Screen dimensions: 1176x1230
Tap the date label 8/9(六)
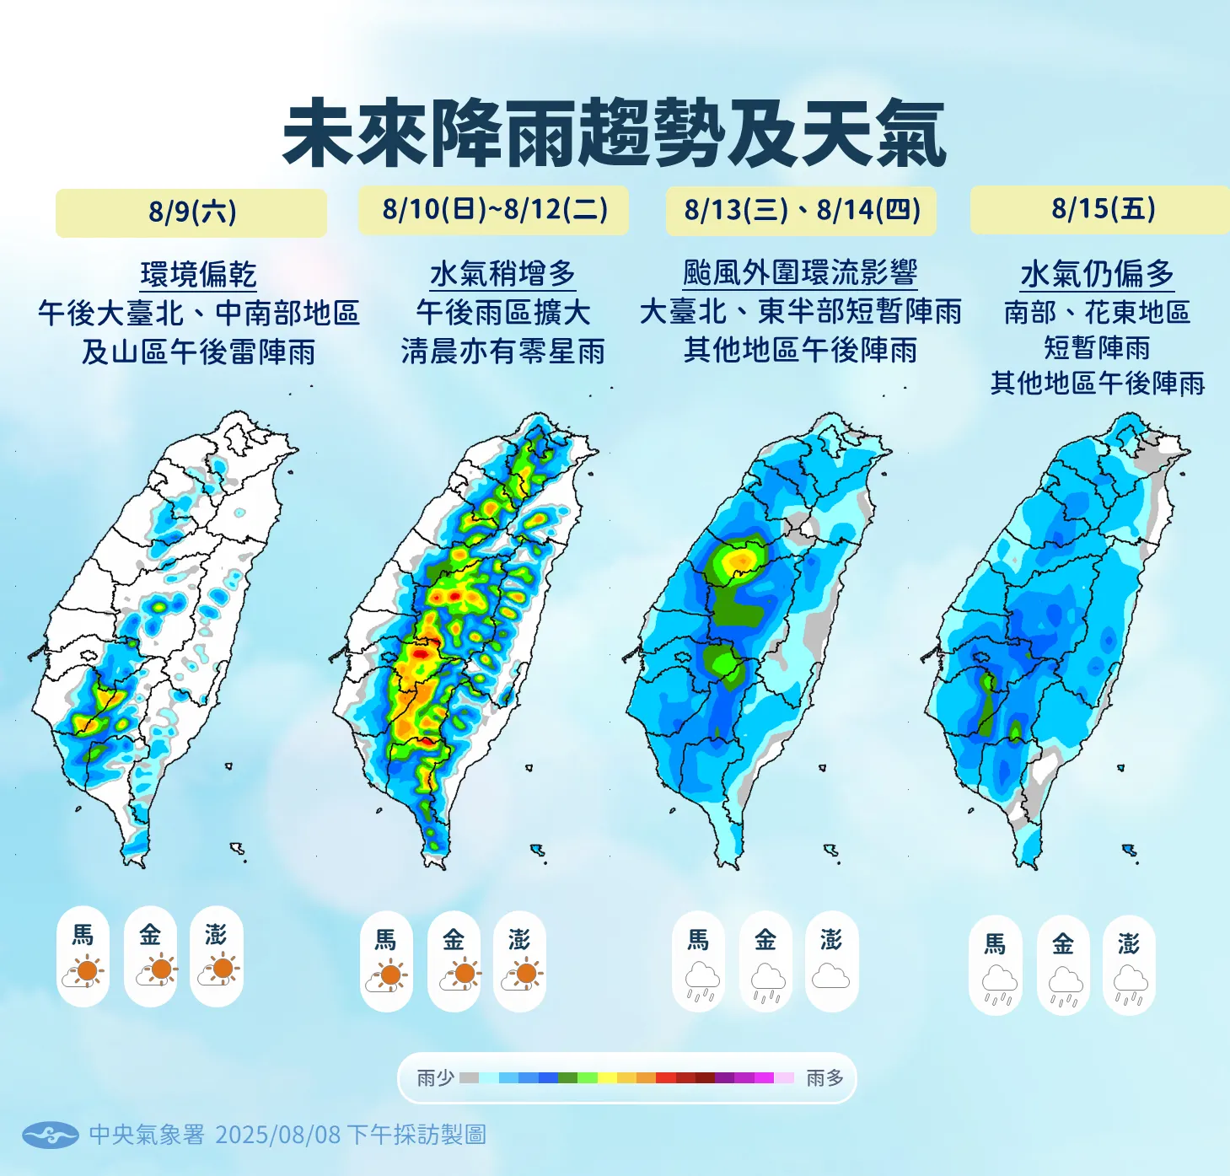[x=191, y=212]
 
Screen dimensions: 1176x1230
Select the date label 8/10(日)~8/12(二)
[x=494, y=209]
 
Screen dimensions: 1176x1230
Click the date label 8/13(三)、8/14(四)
[x=801, y=209]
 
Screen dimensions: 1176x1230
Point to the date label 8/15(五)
[x=1103, y=208]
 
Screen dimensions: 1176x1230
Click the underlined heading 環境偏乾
[x=198, y=275]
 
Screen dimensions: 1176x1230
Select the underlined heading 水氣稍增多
[x=502, y=274]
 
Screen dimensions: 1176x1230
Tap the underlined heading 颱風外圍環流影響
[x=800, y=273]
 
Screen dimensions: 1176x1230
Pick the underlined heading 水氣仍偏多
[x=1097, y=274]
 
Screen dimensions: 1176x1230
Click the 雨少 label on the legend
[x=436, y=1077]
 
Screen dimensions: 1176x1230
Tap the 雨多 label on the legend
[x=824, y=1077]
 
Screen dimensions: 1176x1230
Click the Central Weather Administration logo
[x=50, y=1135]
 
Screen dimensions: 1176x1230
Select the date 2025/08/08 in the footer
[x=278, y=1135]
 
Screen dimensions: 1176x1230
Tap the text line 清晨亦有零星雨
[x=502, y=351]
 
